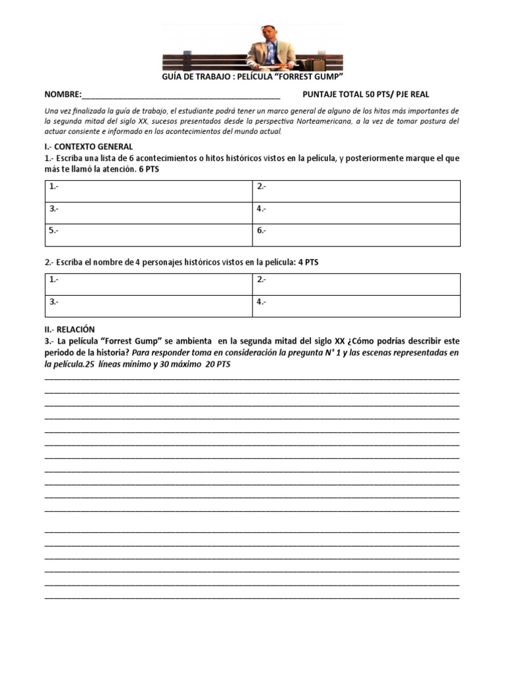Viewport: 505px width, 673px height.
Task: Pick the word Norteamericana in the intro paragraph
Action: [x=358, y=122]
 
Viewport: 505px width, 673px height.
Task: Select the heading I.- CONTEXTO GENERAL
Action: [x=88, y=147]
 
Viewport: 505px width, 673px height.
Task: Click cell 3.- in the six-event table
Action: [x=149, y=212]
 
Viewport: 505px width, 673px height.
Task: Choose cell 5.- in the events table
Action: [x=149, y=235]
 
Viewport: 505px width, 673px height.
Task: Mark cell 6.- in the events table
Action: [x=356, y=235]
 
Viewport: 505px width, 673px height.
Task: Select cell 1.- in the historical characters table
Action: [x=149, y=284]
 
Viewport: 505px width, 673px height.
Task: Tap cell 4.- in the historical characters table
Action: [x=356, y=306]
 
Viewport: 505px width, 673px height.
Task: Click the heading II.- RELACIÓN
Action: [x=70, y=329]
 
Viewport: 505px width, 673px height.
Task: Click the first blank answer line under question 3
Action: [x=252, y=379]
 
